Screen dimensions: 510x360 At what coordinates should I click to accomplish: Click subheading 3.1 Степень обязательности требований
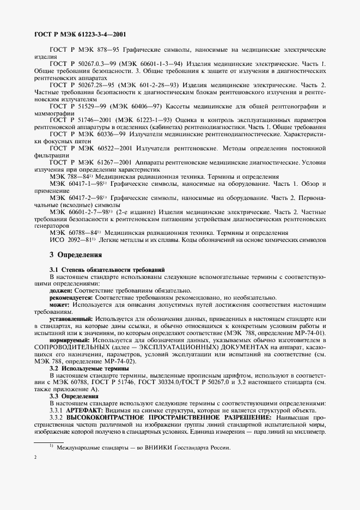pos(103,270)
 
